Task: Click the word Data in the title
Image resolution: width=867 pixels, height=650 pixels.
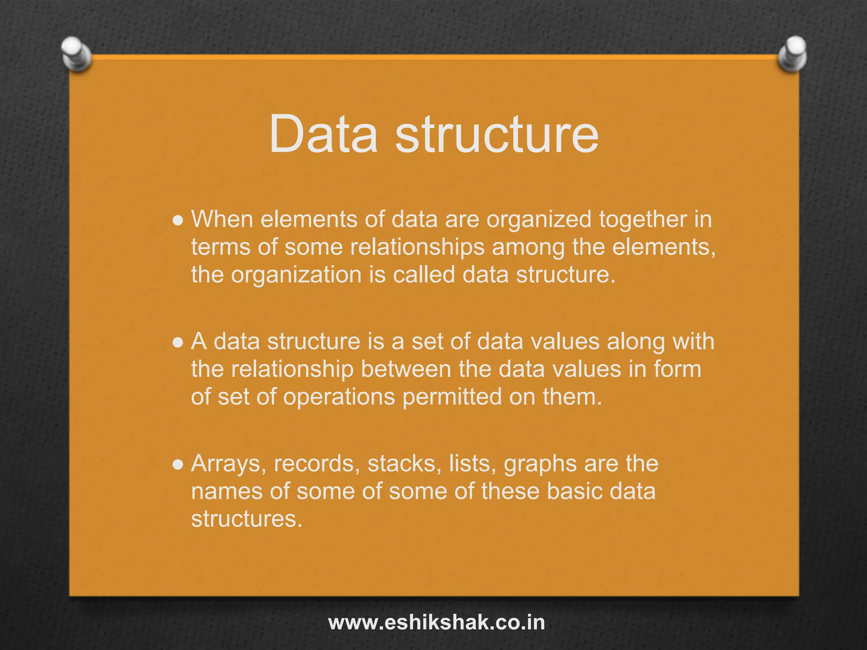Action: [x=323, y=134]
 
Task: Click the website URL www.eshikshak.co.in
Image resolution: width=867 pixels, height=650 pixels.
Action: [x=436, y=622]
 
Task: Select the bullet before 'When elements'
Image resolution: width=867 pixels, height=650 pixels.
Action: [x=178, y=220]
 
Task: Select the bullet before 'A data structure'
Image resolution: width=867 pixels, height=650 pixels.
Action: [x=178, y=342]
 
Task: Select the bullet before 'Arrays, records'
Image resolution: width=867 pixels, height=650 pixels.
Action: [x=178, y=465]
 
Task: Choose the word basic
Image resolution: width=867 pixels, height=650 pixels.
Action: [x=574, y=491]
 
